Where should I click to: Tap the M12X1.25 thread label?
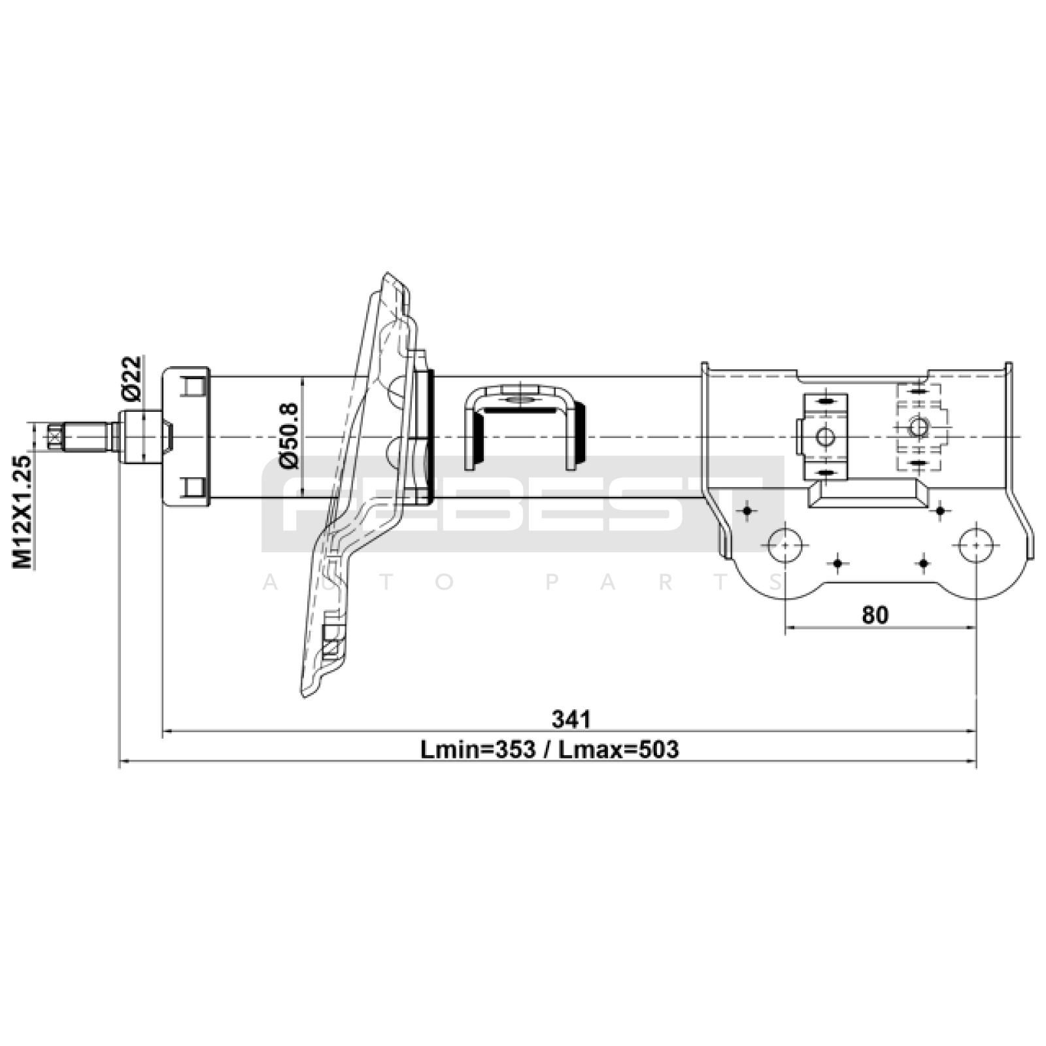pyautogui.click(x=24, y=511)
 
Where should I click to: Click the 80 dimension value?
pyautogui.click(x=875, y=615)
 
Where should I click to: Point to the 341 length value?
pyautogui.click(x=571, y=719)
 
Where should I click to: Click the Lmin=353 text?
pyautogui.click(x=476, y=749)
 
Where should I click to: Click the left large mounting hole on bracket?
pyautogui.click(x=785, y=544)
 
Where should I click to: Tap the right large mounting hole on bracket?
pyautogui.click(x=975, y=544)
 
